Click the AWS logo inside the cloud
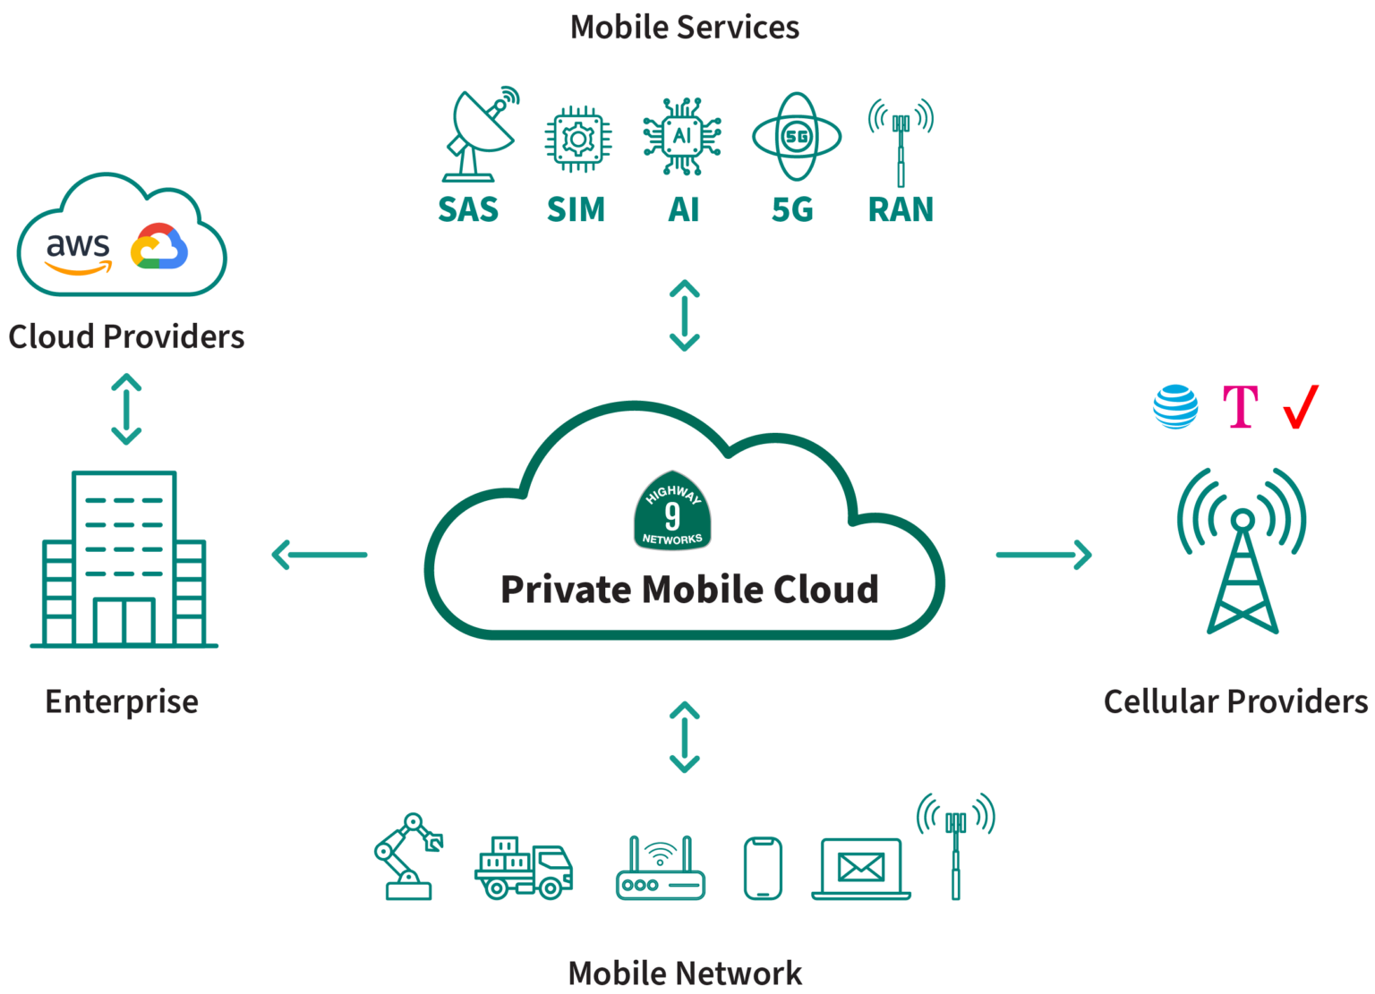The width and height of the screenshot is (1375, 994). coord(79,252)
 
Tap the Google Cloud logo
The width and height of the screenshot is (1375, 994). coord(159,246)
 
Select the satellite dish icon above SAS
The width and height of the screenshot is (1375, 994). coord(480,134)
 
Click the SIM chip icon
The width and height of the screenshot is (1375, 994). coord(578,139)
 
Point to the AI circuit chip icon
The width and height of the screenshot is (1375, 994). coord(682,137)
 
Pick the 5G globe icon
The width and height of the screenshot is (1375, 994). coord(795,136)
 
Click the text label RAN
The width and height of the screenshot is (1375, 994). coord(901,209)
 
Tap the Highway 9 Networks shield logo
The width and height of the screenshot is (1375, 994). coord(672,512)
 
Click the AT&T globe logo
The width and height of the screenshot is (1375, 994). coord(1175,407)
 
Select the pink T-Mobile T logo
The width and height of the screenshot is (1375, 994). coord(1241,408)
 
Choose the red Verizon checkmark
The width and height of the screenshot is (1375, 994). coord(1301,407)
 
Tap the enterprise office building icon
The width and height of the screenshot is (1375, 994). coord(124,558)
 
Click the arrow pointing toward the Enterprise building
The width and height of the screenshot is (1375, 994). coord(320,555)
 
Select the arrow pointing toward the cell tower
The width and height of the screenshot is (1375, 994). coord(1045,555)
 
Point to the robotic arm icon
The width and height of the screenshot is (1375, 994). coord(407,855)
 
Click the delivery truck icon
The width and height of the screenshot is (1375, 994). coord(524,867)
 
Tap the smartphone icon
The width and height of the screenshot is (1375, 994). coord(763,868)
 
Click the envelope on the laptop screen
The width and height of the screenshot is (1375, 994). coord(860,865)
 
